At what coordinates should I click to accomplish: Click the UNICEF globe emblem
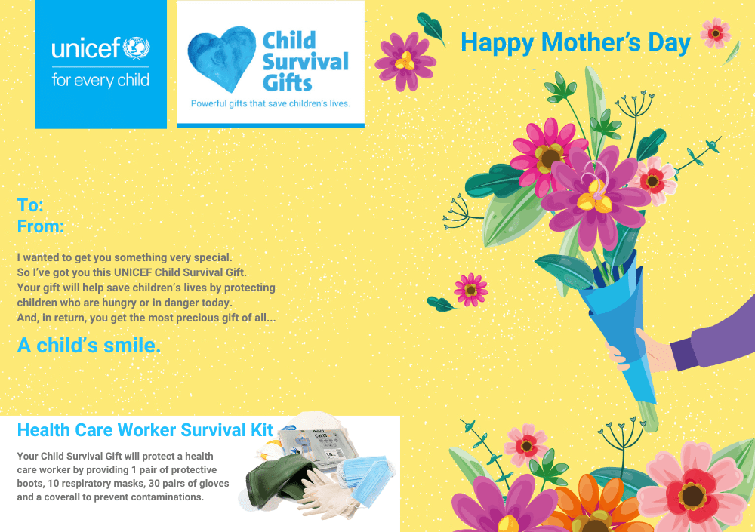pyautogui.click(x=136, y=48)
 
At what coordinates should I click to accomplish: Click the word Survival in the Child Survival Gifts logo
pyautogui.click(x=305, y=62)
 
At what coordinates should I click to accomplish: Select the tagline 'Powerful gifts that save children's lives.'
pyautogui.click(x=270, y=103)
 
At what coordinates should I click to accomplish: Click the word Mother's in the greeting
pyautogui.click(x=592, y=42)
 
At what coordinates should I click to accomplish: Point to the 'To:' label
pyautogui.click(x=30, y=205)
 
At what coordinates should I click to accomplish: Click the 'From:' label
pyautogui.click(x=41, y=226)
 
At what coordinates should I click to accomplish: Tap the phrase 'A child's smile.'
pyautogui.click(x=89, y=345)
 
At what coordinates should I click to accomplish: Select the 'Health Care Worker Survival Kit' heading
pyautogui.click(x=145, y=430)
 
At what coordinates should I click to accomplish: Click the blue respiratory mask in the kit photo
pyautogui.click(x=367, y=479)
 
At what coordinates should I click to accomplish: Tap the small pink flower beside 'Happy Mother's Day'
pyautogui.click(x=716, y=32)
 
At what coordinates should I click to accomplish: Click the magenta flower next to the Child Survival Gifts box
pyautogui.click(x=405, y=62)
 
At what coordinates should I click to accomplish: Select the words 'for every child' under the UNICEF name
pyautogui.click(x=100, y=80)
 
